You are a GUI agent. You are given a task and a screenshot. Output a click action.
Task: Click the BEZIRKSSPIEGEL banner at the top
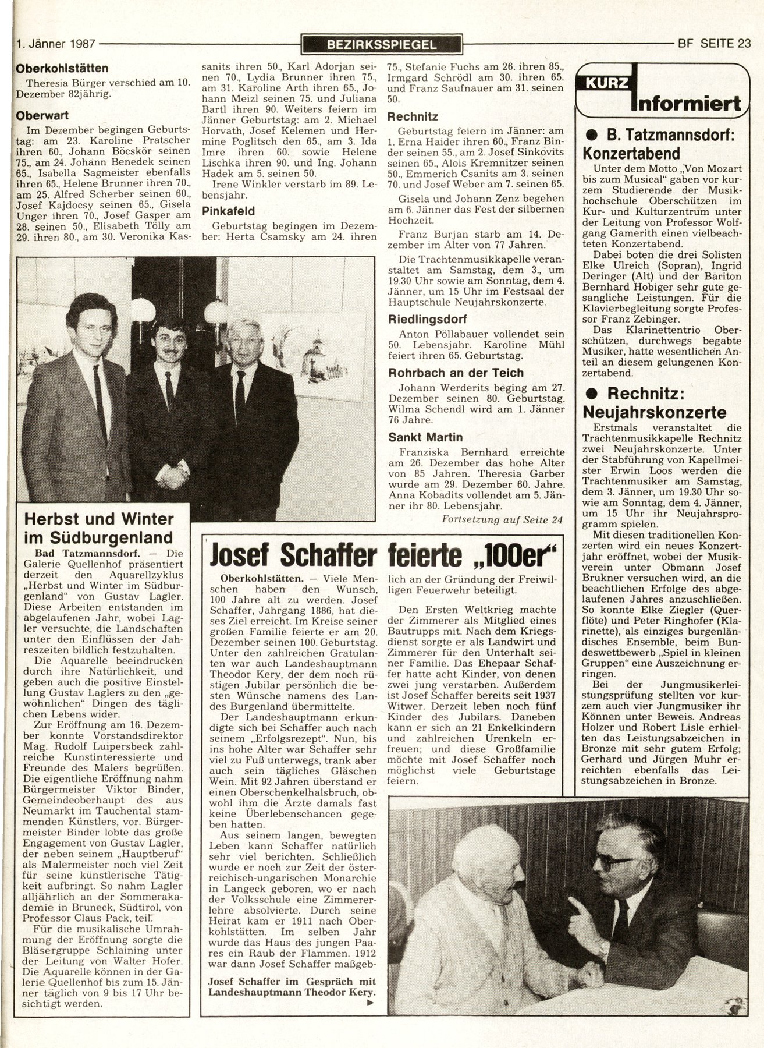(382, 43)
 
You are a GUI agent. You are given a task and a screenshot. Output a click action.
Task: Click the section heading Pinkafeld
(229, 211)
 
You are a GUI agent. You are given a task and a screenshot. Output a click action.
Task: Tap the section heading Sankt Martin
(425, 437)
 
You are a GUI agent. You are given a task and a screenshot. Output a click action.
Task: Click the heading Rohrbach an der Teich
(456, 373)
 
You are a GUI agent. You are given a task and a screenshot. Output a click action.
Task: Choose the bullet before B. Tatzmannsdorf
(591, 136)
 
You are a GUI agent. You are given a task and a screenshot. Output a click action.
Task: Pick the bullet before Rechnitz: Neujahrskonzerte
(591, 394)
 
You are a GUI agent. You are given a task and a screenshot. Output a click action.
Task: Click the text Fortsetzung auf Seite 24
(502, 520)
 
